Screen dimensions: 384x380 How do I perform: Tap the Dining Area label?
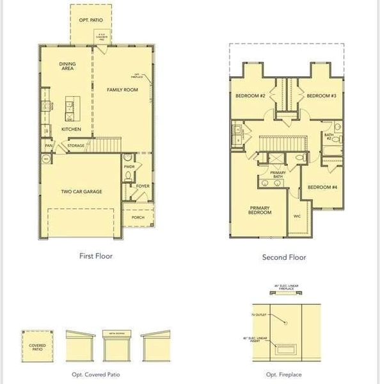(68, 66)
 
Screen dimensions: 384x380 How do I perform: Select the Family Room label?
(122, 90)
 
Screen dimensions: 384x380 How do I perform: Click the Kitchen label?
(71, 129)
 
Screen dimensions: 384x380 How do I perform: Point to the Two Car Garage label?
(81, 191)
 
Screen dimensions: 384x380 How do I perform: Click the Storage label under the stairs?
(75, 146)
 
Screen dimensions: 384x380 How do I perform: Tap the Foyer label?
(143, 186)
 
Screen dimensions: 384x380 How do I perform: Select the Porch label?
(138, 218)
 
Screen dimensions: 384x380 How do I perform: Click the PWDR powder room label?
(129, 167)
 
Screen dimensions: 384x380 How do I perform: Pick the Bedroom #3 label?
(322, 96)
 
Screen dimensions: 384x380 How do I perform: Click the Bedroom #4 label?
(322, 187)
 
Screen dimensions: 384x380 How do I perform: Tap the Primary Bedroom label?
(260, 210)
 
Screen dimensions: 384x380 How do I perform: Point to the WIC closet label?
(297, 216)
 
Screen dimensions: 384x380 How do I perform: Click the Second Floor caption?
(284, 257)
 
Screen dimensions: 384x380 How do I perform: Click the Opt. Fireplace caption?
(285, 374)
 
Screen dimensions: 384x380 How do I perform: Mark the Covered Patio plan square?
(37, 346)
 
